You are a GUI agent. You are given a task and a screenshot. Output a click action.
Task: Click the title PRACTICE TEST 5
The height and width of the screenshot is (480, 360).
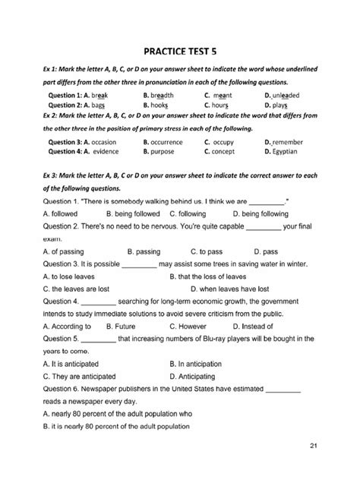click(180, 45)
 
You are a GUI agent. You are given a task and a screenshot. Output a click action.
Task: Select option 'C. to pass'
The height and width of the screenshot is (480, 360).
click(204, 250)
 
